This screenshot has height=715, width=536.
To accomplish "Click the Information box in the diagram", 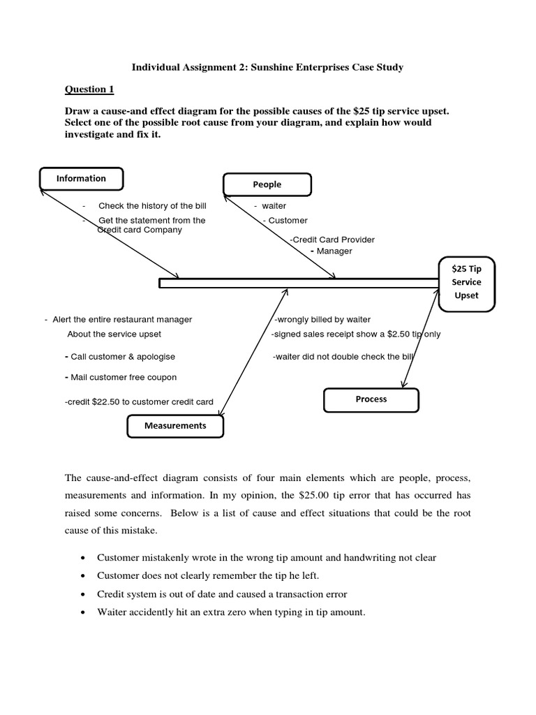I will point(82,179).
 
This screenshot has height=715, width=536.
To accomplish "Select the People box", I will point(267,184).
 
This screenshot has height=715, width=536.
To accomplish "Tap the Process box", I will point(371,399).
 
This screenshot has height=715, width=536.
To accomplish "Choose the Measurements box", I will point(175,425).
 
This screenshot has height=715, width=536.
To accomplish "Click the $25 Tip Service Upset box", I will point(466,282).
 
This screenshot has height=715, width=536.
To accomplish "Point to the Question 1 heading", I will point(89,89).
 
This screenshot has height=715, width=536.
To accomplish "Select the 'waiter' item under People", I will point(273,206).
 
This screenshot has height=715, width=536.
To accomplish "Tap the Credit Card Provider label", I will point(333,239).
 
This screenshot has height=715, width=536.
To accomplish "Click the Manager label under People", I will point(335,251).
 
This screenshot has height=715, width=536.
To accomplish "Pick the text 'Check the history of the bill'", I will point(152,206).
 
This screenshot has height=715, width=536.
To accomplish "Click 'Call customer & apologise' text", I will point(122,356).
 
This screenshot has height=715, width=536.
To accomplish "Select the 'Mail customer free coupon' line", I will point(123,377).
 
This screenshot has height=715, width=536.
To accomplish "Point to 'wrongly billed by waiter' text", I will point(322,320).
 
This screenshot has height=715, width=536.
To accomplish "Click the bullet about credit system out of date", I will point(222,594).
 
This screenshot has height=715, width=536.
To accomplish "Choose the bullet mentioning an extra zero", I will point(231,612).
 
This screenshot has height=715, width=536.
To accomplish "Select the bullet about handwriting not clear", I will point(267,557).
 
